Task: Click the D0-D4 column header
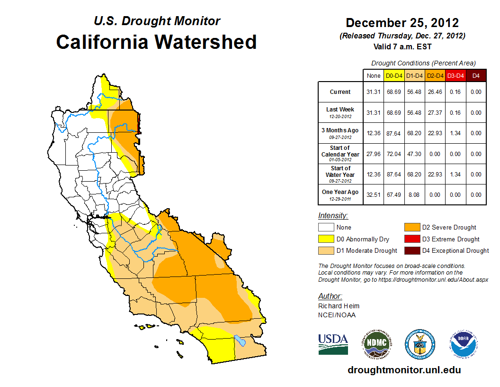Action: [394, 75]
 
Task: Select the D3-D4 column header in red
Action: [455, 75]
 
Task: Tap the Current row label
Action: [340, 92]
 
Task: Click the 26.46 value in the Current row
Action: [435, 92]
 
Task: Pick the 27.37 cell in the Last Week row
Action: [435, 113]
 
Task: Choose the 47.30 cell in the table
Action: [415, 154]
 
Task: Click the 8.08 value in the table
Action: [415, 194]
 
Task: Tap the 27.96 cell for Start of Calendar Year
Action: [374, 154]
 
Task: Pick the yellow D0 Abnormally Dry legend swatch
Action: [325, 239]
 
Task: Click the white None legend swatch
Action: [325, 228]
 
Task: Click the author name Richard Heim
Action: [339, 306]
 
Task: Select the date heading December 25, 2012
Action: [402, 23]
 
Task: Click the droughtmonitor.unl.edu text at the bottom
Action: [404, 370]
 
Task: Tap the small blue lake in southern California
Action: [240, 341]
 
